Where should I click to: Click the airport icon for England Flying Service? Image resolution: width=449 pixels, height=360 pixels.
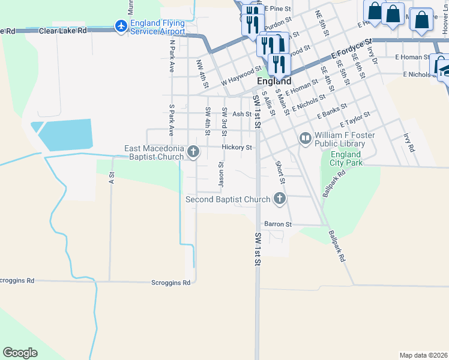(121, 26)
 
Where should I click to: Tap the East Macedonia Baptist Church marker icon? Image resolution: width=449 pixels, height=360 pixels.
(193, 152)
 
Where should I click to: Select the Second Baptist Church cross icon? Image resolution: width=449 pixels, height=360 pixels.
(279, 198)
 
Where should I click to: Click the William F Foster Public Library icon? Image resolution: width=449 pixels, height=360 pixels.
(306, 139)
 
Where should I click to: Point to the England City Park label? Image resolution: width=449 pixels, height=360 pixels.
(346, 158)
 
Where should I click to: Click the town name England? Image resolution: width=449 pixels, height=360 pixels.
(274, 81)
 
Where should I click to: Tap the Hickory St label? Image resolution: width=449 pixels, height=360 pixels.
(236, 147)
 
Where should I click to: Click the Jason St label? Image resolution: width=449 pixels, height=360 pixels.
(221, 173)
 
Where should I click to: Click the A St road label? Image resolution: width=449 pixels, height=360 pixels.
(112, 178)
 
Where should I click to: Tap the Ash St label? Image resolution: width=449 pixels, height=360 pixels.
(241, 114)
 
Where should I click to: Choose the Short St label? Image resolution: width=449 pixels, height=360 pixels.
(279, 172)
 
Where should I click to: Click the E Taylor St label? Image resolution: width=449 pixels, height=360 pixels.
(355, 119)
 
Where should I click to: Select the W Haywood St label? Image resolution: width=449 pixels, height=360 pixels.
(241, 75)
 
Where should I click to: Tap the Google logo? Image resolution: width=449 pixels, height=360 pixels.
(20, 352)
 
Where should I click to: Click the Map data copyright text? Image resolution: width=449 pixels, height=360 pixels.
(423, 355)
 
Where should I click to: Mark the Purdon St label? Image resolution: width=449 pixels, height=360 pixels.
(278, 20)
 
